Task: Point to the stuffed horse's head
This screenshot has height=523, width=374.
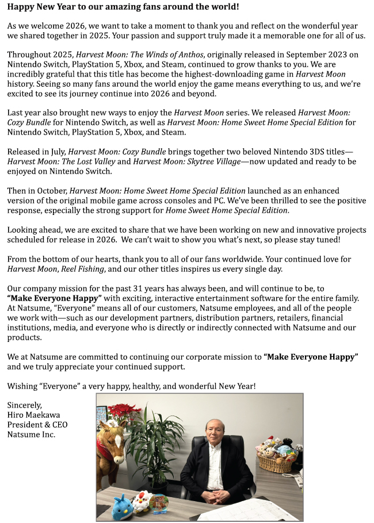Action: coord(113,437)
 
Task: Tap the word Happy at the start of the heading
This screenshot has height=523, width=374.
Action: coord(20,7)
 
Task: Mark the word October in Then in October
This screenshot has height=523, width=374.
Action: coord(51,190)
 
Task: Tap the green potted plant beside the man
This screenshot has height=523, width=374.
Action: coord(154,443)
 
